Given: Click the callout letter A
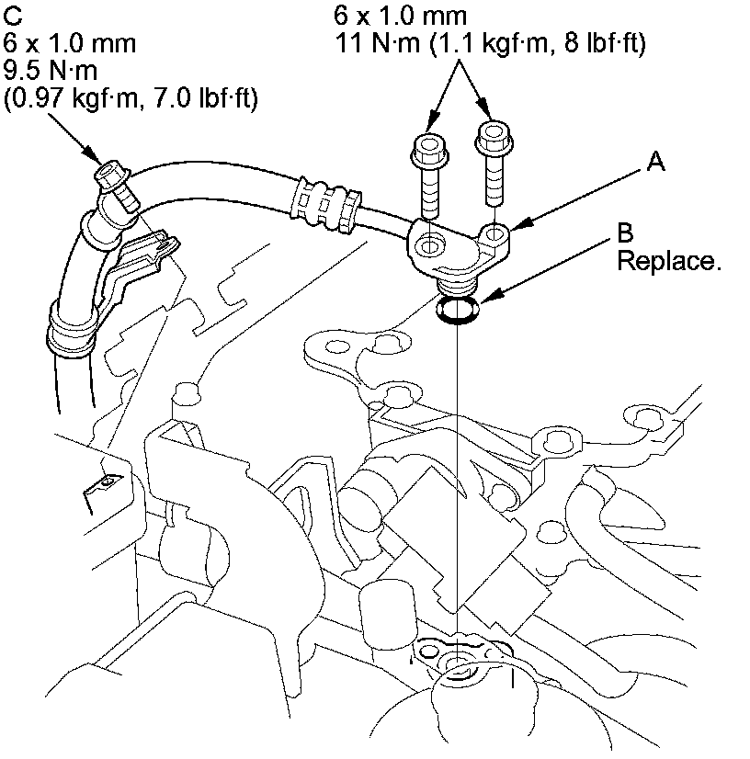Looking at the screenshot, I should pos(655,162).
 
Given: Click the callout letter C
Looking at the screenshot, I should pos(12,17).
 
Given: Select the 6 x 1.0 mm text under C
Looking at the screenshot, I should pos(70,43).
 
